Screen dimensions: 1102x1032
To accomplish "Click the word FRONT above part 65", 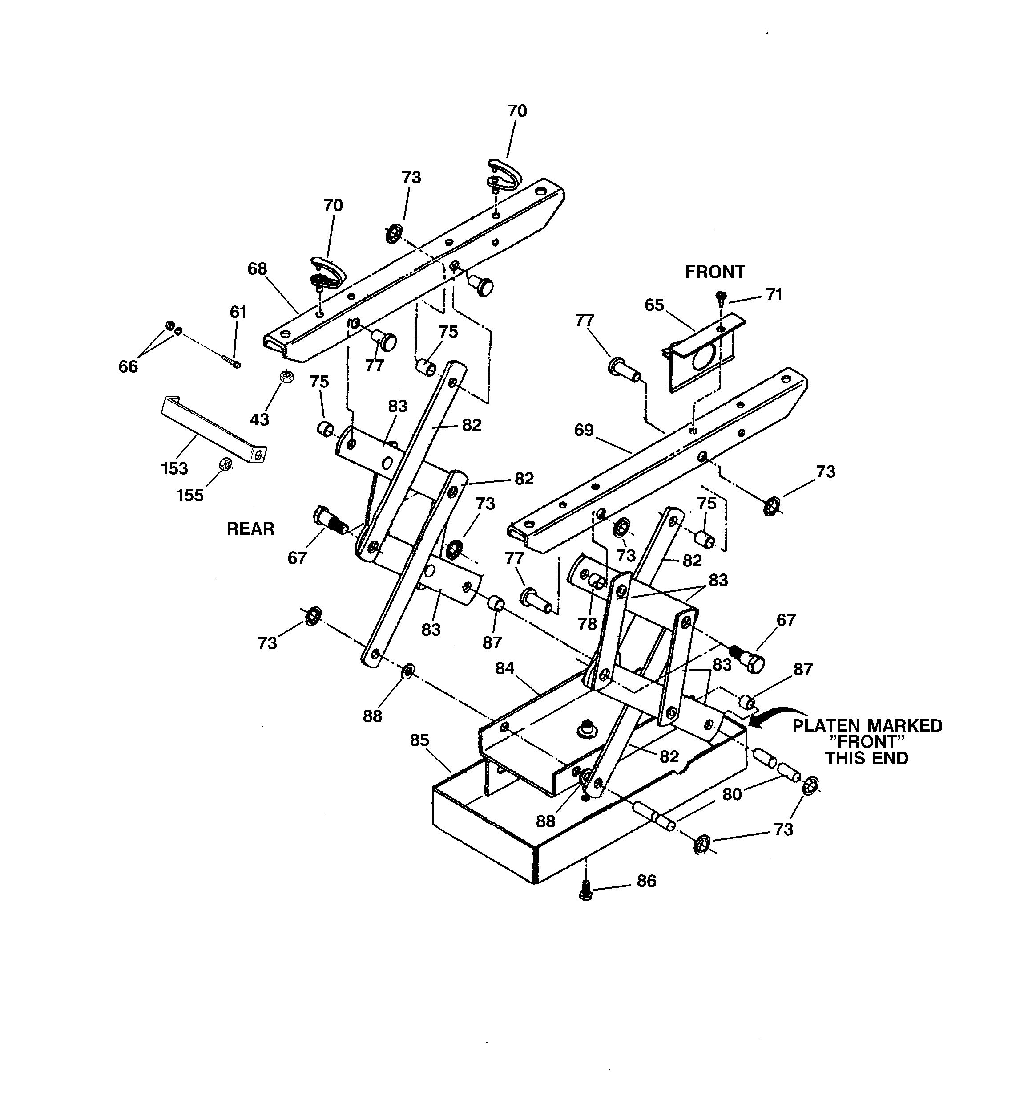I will pos(714,272).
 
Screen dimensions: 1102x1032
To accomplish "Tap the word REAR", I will pos(250,529).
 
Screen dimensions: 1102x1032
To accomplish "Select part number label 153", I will pos(174,468).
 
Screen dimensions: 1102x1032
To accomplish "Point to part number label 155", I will pos(190,495).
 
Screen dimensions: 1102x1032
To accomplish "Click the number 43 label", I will pos(259,419).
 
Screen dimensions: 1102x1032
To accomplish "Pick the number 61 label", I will pos(238,312).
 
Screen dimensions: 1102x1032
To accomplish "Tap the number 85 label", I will pos(420,740).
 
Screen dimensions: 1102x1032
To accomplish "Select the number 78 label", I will pos(587,624).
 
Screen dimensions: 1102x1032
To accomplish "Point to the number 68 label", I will pos(257,269).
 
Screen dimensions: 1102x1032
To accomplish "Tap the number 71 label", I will pos(774,295).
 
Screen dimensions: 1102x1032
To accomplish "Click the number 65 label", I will pos(654,305).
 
